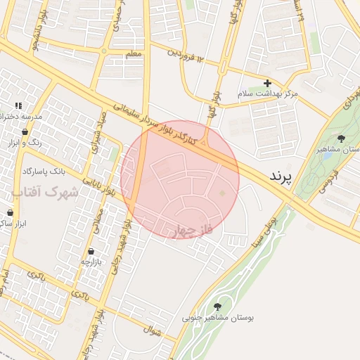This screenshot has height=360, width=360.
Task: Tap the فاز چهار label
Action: pos(191,231)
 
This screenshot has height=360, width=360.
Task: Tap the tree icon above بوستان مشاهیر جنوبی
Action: pos(217,306)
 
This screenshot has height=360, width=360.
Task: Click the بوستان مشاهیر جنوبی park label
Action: pos(218,318)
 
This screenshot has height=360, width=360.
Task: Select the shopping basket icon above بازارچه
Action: pos(91,252)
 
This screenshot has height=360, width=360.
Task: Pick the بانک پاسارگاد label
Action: pos(44,171)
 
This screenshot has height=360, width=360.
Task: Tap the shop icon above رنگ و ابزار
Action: pos(26,131)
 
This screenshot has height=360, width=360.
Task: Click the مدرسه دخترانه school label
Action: pos(25,115)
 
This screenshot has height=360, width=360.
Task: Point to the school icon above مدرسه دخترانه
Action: pos(8,105)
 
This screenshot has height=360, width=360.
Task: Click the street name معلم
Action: pos(132,54)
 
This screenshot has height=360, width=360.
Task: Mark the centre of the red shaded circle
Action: pos(180,180)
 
